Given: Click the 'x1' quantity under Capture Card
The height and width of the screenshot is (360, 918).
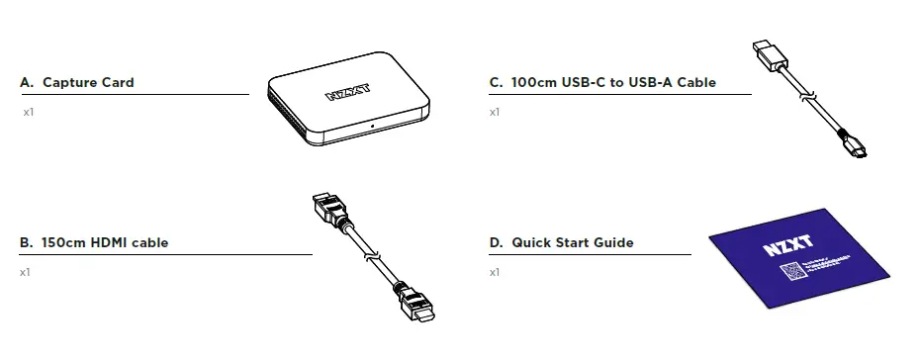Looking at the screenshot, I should tap(28, 113).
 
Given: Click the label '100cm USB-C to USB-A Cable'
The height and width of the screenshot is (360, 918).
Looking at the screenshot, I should tap(602, 83).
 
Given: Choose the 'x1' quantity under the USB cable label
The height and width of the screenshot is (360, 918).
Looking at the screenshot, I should tap(495, 113).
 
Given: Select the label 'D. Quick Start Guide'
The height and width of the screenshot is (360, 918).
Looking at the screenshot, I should tap(561, 242).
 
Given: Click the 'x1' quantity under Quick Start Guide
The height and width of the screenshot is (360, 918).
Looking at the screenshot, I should tap(495, 272).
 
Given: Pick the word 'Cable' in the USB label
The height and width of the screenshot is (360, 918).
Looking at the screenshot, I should tap(696, 83).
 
